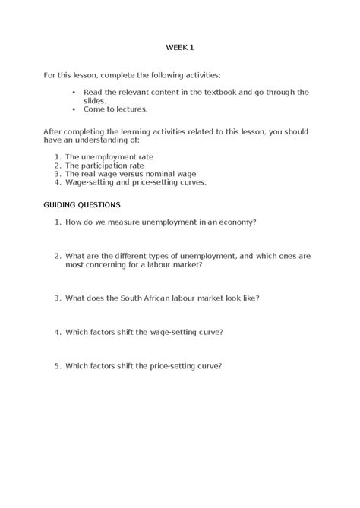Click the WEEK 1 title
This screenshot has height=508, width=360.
(180, 48)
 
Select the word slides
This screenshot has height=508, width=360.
(94, 100)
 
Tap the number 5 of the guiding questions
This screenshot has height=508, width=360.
(57, 365)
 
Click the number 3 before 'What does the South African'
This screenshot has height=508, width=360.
(57, 298)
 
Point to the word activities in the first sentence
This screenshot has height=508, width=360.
(198, 75)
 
